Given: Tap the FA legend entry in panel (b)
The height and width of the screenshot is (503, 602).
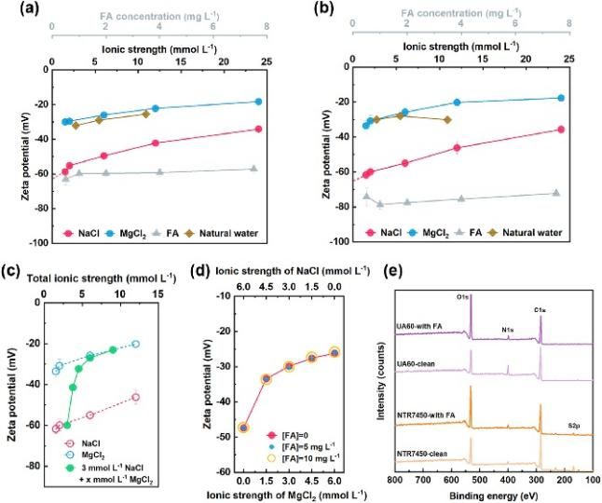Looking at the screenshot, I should point(472,231).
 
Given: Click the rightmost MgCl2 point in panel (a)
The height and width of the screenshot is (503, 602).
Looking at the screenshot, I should point(258,102).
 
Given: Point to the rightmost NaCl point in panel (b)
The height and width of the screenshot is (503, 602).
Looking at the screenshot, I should point(561,129).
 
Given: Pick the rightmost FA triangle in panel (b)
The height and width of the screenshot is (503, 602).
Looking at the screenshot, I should point(555,193).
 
